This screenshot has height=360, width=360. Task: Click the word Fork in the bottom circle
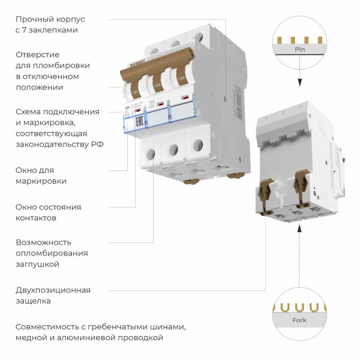tap(299, 320)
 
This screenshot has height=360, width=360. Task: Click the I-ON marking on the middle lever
tap(158, 88)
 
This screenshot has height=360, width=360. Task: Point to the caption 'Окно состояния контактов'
tap(48, 212)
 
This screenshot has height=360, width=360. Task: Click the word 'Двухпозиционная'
tap(53, 290)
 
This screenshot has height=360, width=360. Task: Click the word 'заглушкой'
tap(37, 264)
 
